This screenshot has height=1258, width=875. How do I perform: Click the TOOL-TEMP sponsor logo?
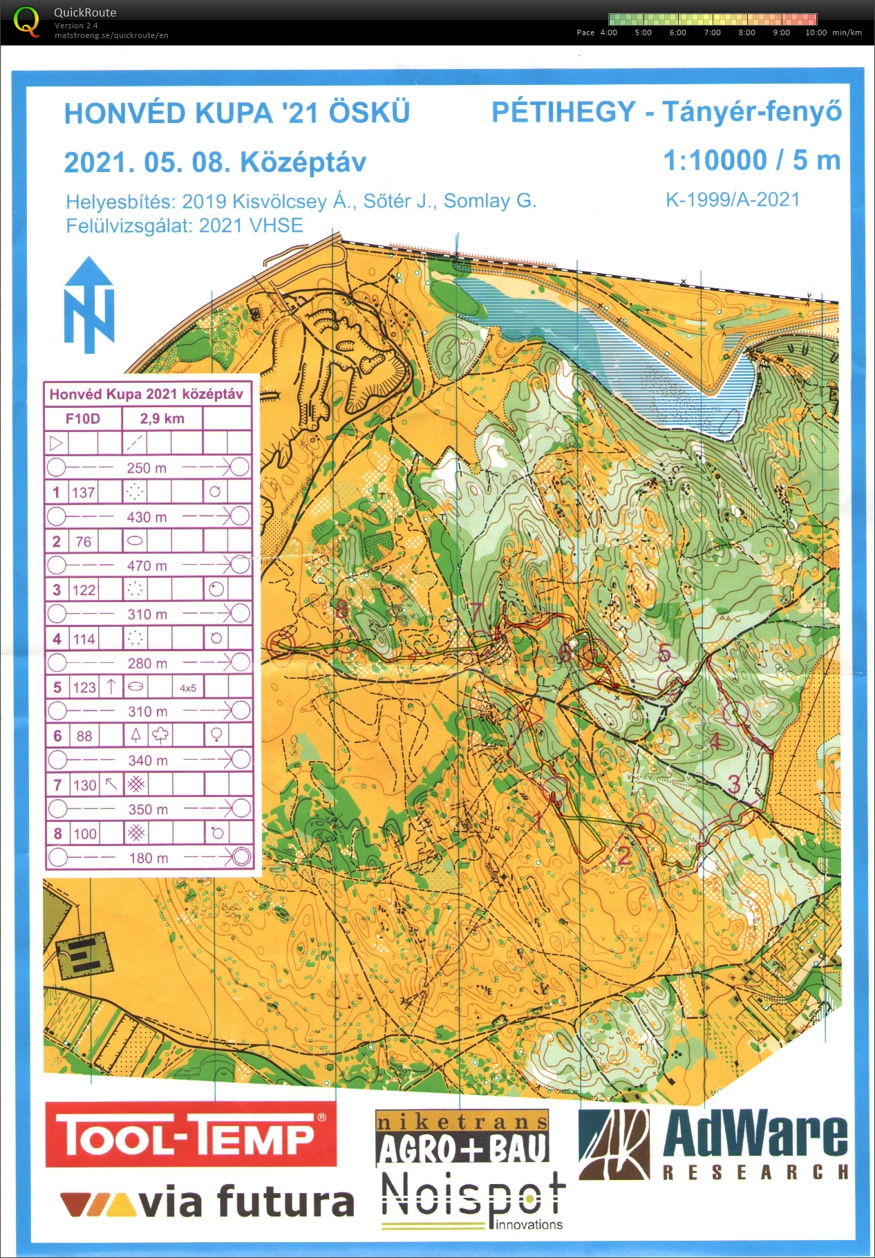point(191,1134)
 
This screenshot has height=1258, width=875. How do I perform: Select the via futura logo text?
point(207,1202)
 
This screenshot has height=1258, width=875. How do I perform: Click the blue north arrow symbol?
point(88,305)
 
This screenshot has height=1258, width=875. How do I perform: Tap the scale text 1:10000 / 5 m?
point(751,160)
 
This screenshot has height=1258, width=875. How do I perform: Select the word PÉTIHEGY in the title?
point(563,112)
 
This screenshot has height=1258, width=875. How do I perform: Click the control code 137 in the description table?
point(84,493)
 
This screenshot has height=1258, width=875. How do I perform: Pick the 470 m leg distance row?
point(147,565)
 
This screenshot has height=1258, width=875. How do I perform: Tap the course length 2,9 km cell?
point(162,418)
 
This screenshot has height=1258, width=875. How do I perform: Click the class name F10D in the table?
point(83,418)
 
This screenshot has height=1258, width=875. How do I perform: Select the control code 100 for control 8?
point(85,834)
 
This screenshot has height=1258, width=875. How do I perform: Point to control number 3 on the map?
point(734,784)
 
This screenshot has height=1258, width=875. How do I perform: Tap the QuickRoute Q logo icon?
point(26,21)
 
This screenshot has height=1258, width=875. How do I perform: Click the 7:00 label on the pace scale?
point(712,32)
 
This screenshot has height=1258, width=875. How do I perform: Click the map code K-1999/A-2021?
point(733,200)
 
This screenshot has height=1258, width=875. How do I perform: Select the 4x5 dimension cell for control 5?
point(188,688)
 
